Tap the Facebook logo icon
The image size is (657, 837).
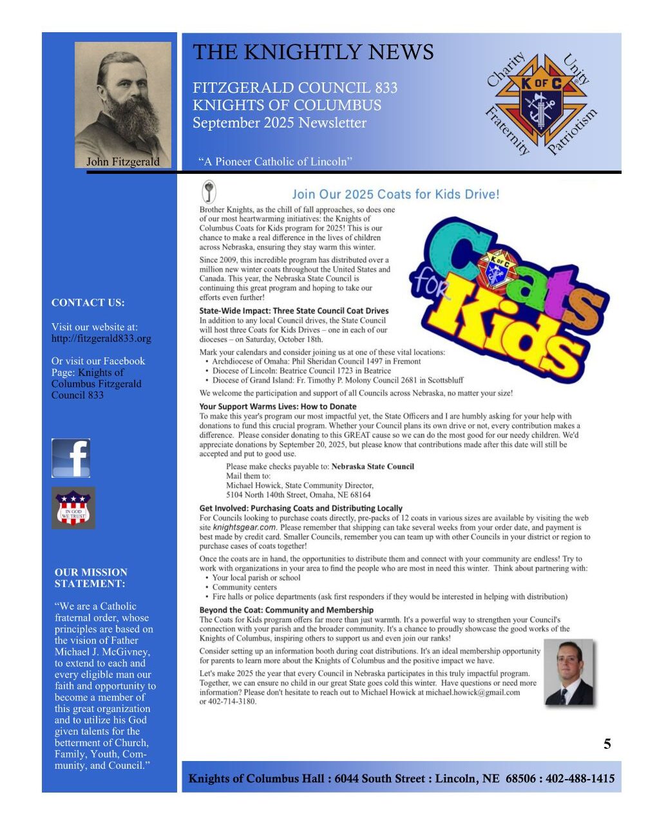71,458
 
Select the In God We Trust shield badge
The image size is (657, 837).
73,508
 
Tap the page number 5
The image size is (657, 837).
607,744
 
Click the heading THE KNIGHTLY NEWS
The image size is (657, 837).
313,52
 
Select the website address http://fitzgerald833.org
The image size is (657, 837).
101,339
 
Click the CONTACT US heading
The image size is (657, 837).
88,303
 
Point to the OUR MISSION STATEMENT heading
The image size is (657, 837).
91,578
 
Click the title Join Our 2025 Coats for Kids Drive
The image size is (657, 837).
395,194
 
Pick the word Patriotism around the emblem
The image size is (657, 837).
572,133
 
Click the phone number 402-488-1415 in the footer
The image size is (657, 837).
580,779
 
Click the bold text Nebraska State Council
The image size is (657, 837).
372,467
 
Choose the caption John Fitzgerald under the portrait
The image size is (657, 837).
123,162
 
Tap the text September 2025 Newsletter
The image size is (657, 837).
280,123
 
